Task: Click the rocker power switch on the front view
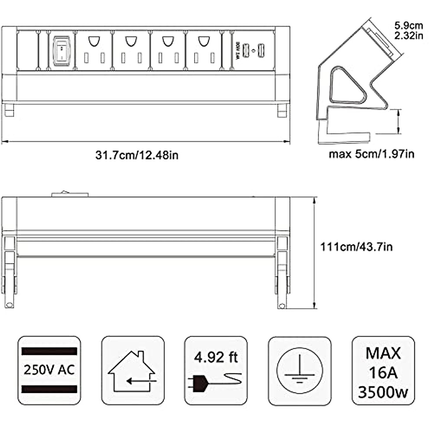[x=61, y=51]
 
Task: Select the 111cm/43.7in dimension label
[x=357, y=247]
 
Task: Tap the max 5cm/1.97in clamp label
[x=371, y=154]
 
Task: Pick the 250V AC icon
[x=49, y=370]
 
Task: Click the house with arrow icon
[x=132, y=370]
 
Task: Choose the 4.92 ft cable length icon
[x=216, y=370]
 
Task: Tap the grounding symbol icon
[x=299, y=370]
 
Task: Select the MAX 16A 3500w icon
[x=383, y=370]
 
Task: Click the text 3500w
[x=383, y=392]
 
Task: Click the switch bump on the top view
[x=70, y=194]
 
